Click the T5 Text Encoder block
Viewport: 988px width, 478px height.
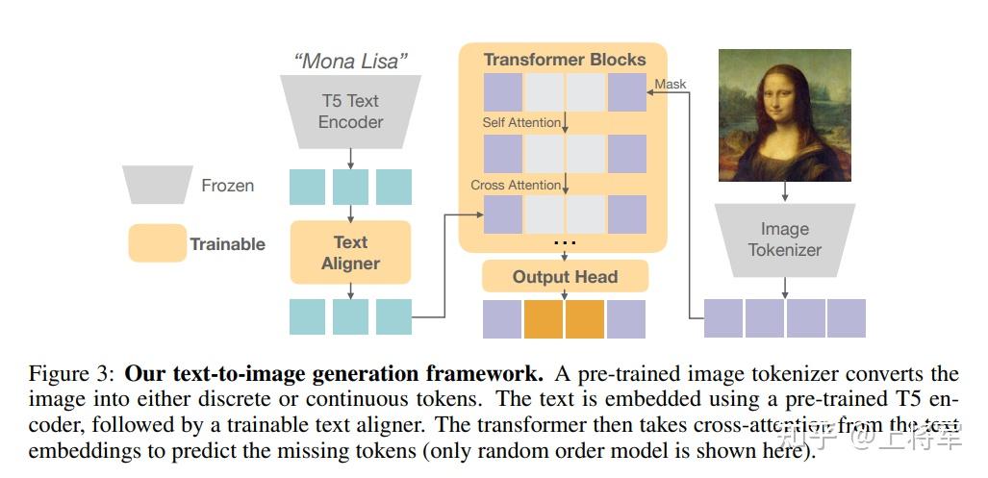click(350, 112)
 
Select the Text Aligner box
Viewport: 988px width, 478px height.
click(350, 253)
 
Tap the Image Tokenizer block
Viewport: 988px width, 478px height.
click(784, 239)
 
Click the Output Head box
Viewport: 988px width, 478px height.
click(565, 277)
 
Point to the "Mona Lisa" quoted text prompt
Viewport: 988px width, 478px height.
click(350, 62)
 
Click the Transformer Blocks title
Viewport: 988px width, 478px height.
click(565, 60)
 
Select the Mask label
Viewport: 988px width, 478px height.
click(671, 84)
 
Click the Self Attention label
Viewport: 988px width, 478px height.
click(521, 123)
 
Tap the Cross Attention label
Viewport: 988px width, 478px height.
click(516, 185)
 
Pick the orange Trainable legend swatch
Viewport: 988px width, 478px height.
click(157, 243)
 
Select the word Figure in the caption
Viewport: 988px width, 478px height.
click(59, 374)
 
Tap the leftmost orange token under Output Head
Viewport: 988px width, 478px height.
click(544, 319)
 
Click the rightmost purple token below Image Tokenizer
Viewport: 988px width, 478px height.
click(847, 318)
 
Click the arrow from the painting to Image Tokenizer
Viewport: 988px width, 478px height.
click(785, 192)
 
